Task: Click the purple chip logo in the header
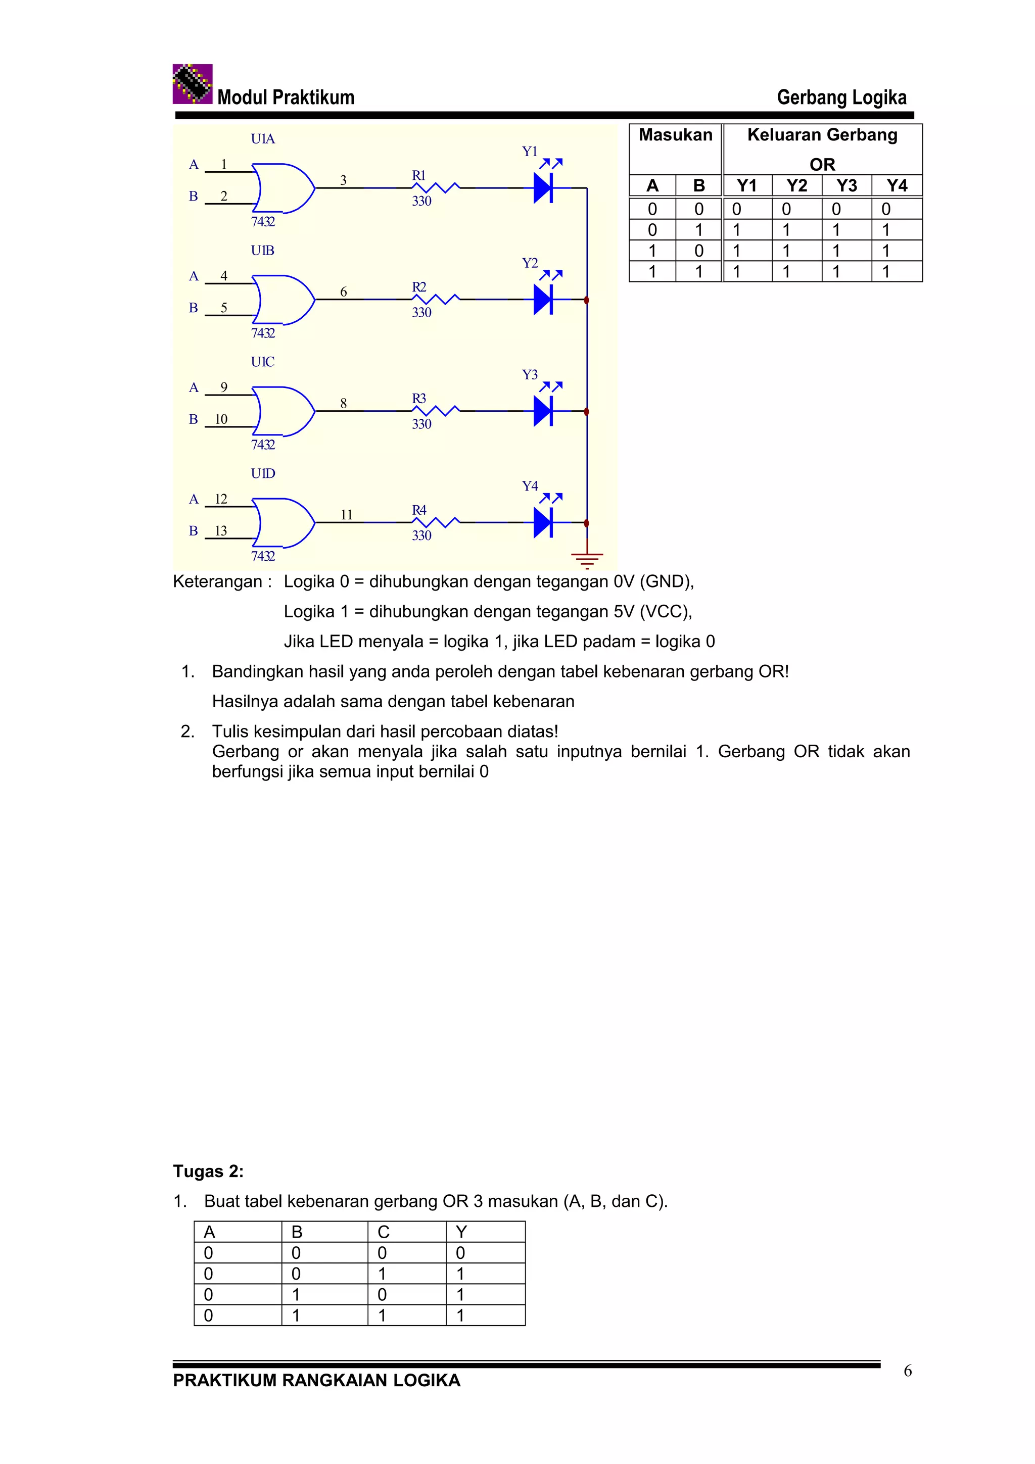click(x=192, y=84)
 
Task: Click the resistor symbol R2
click(x=436, y=299)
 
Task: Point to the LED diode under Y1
click(x=543, y=188)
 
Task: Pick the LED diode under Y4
click(x=543, y=523)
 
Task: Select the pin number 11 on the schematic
click(x=346, y=515)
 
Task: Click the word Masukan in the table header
click(x=675, y=135)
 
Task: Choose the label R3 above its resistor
click(x=418, y=399)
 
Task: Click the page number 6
click(x=908, y=1371)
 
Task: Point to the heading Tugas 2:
click(x=208, y=1172)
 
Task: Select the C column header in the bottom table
click(x=383, y=1232)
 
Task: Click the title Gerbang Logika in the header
click(x=841, y=97)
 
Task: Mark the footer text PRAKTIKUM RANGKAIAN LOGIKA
click(x=316, y=1381)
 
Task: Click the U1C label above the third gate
click(x=262, y=362)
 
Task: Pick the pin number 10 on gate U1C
click(x=221, y=419)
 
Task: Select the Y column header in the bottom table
click(x=461, y=1232)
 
